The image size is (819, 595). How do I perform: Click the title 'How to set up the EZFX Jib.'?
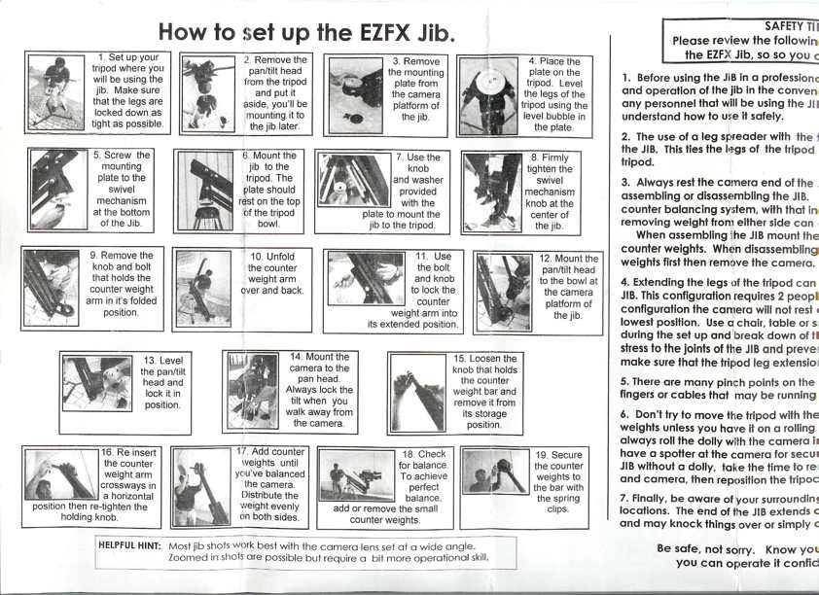coord(305,33)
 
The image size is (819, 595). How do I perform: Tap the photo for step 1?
coord(56,92)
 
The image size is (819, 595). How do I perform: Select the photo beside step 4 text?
coord(488,94)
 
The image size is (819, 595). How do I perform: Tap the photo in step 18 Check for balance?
coord(356,477)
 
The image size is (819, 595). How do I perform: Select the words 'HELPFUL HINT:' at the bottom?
coord(130,546)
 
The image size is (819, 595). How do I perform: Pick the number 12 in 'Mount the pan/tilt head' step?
coord(547,260)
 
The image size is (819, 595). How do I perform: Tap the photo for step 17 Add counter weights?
coord(201,486)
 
